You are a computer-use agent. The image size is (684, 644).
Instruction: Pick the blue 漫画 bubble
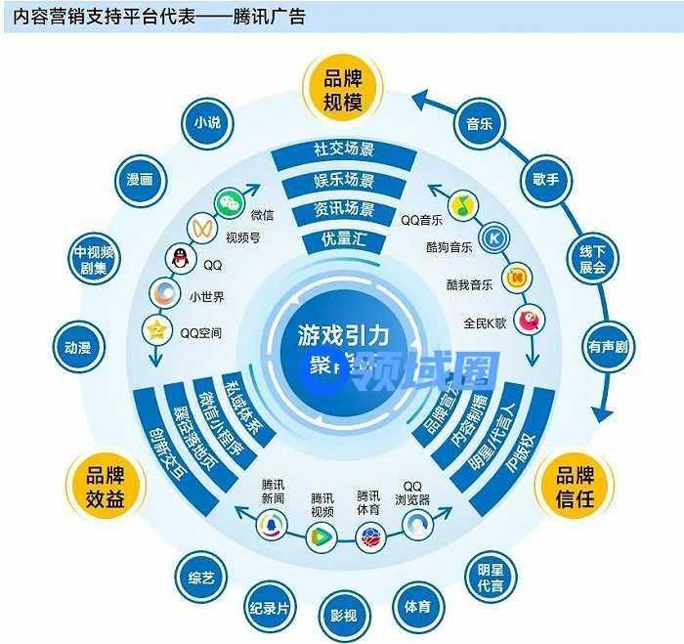(x=140, y=180)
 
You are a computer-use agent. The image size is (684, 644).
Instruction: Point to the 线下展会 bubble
(x=592, y=258)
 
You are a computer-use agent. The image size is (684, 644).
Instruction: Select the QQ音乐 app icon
(x=465, y=204)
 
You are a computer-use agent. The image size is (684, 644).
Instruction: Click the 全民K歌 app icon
(x=529, y=316)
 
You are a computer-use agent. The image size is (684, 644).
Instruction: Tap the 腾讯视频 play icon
(x=320, y=535)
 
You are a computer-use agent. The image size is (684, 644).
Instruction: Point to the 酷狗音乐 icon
(x=495, y=237)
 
